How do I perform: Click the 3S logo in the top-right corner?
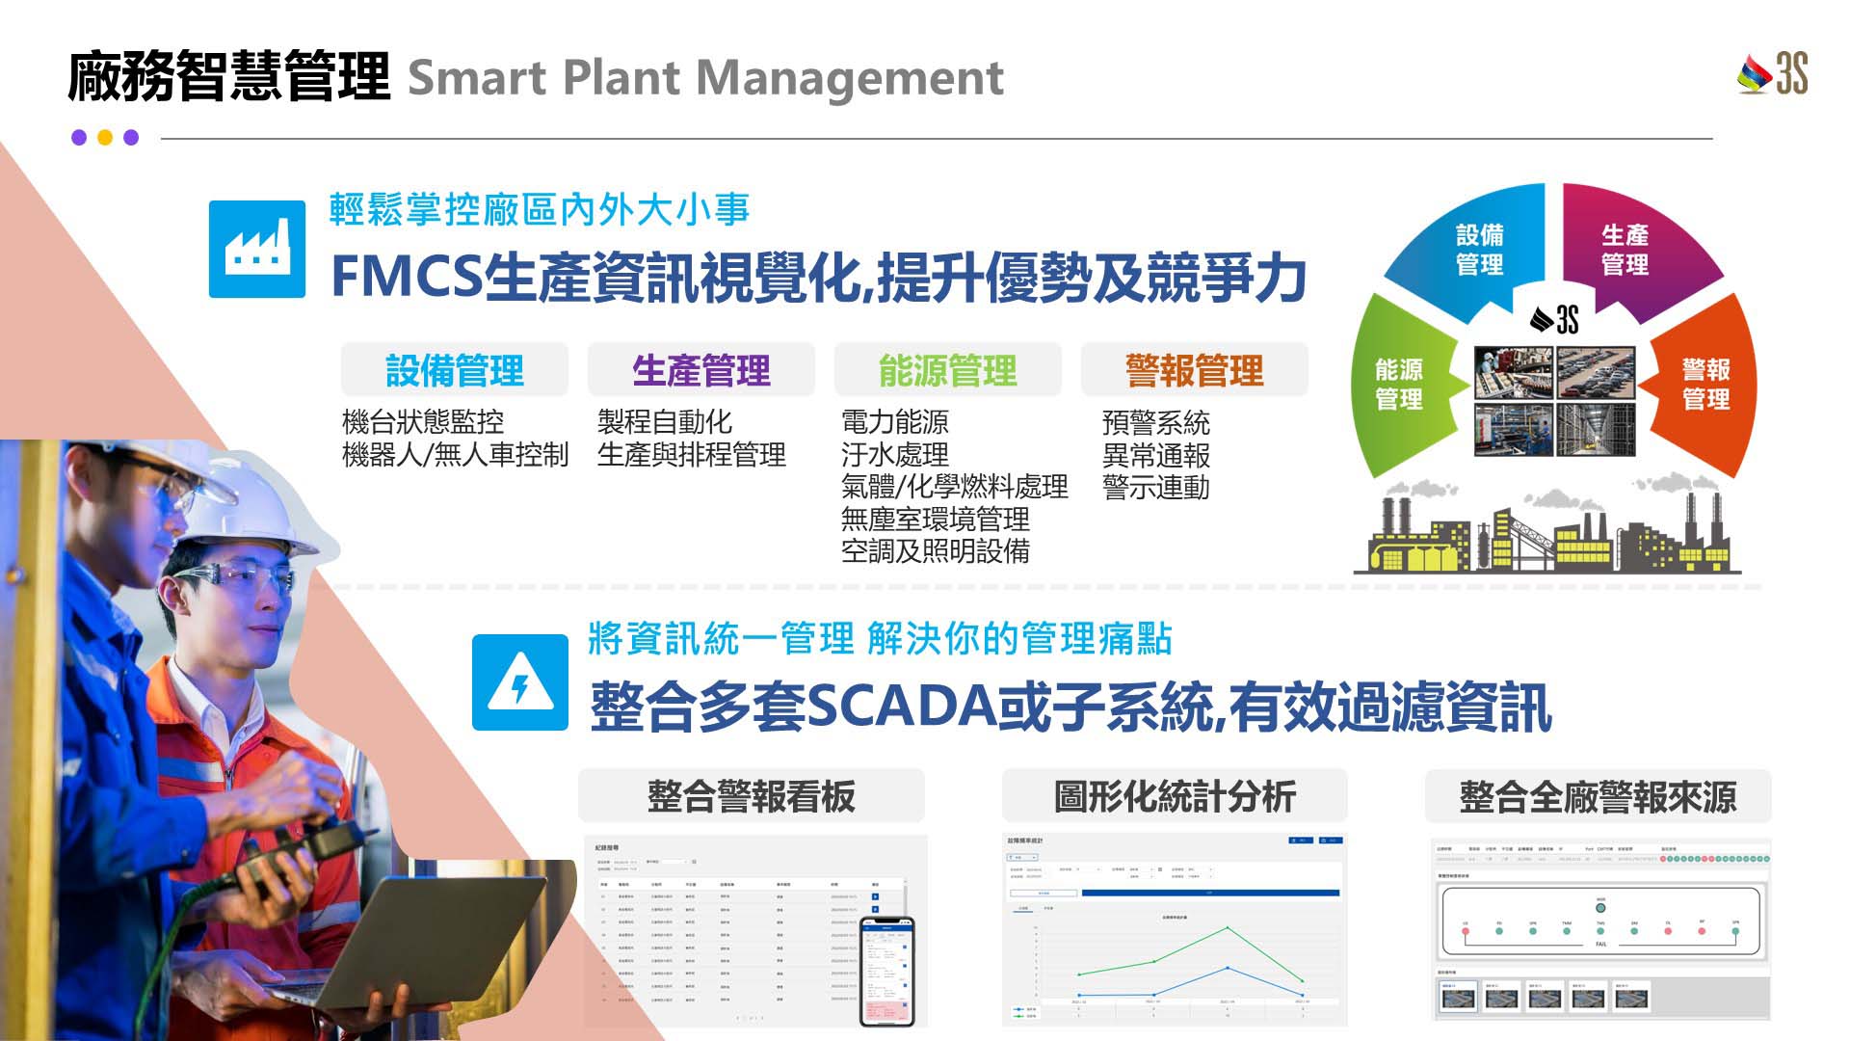pyautogui.click(x=1773, y=74)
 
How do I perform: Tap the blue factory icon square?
pyautogui.click(x=257, y=249)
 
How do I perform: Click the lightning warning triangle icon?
pyautogui.click(x=520, y=682)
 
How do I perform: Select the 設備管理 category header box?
pyautogui.click(x=454, y=370)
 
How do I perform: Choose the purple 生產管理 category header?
pyautogui.click(x=700, y=370)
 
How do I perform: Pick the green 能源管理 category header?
pyautogui.click(x=947, y=370)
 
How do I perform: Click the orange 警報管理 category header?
pyautogui.click(x=1194, y=370)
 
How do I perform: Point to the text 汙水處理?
pyautogui.click(x=894, y=454)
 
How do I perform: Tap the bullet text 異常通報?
pyautogui.click(x=1155, y=455)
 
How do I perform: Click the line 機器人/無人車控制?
pyautogui.click(x=455, y=454)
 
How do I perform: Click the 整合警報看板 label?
pyautogui.click(x=751, y=797)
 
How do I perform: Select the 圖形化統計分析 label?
pyautogui.click(x=1175, y=797)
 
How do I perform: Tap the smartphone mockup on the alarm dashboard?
pyautogui.click(x=886, y=970)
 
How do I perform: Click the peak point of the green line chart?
pyautogui.click(x=1228, y=927)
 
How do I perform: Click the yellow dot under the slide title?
pyautogui.click(x=105, y=138)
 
